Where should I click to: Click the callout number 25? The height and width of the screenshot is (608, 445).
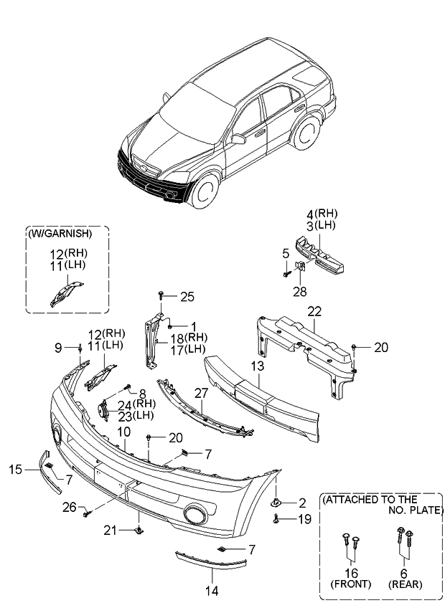pyautogui.click(x=187, y=297)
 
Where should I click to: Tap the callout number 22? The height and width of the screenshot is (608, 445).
pyautogui.click(x=314, y=311)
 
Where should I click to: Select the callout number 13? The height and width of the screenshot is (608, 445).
pyautogui.click(x=258, y=366)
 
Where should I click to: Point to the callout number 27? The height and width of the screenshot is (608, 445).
pyautogui.click(x=202, y=393)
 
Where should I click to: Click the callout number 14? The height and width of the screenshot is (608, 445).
pyautogui.click(x=212, y=591)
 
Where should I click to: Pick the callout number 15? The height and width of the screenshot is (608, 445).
pyautogui.click(x=16, y=470)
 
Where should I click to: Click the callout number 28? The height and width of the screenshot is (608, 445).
pyautogui.click(x=300, y=291)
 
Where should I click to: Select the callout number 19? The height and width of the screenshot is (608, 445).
pyautogui.click(x=304, y=519)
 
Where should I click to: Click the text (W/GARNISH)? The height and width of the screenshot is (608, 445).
pyautogui.click(x=60, y=234)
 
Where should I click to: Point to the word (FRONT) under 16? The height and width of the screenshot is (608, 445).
pyautogui.click(x=351, y=584)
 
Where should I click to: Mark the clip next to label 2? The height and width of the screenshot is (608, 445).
pyautogui.click(x=276, y=503)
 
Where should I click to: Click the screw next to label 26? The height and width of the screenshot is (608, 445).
pyautogui.click(x=86, y=514)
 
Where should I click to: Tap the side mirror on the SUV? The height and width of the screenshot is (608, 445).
pyautogui.click(x=238, y=139)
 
